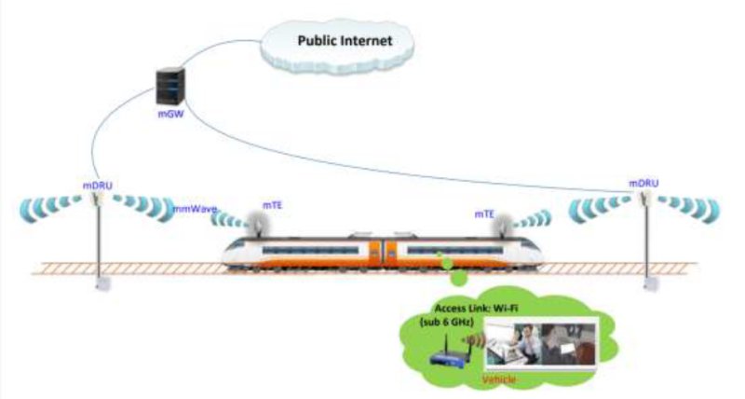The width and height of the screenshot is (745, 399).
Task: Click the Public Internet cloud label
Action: (344, 40)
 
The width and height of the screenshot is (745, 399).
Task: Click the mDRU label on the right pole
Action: (643, 183)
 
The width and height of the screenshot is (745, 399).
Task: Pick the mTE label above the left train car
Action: (272, 202)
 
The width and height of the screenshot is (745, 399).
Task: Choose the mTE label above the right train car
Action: (484, 213)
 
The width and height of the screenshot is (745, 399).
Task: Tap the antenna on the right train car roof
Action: (504, 225)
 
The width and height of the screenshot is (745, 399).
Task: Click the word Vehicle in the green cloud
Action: (502, 381)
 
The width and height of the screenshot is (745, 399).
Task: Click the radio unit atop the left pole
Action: (96, 207)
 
